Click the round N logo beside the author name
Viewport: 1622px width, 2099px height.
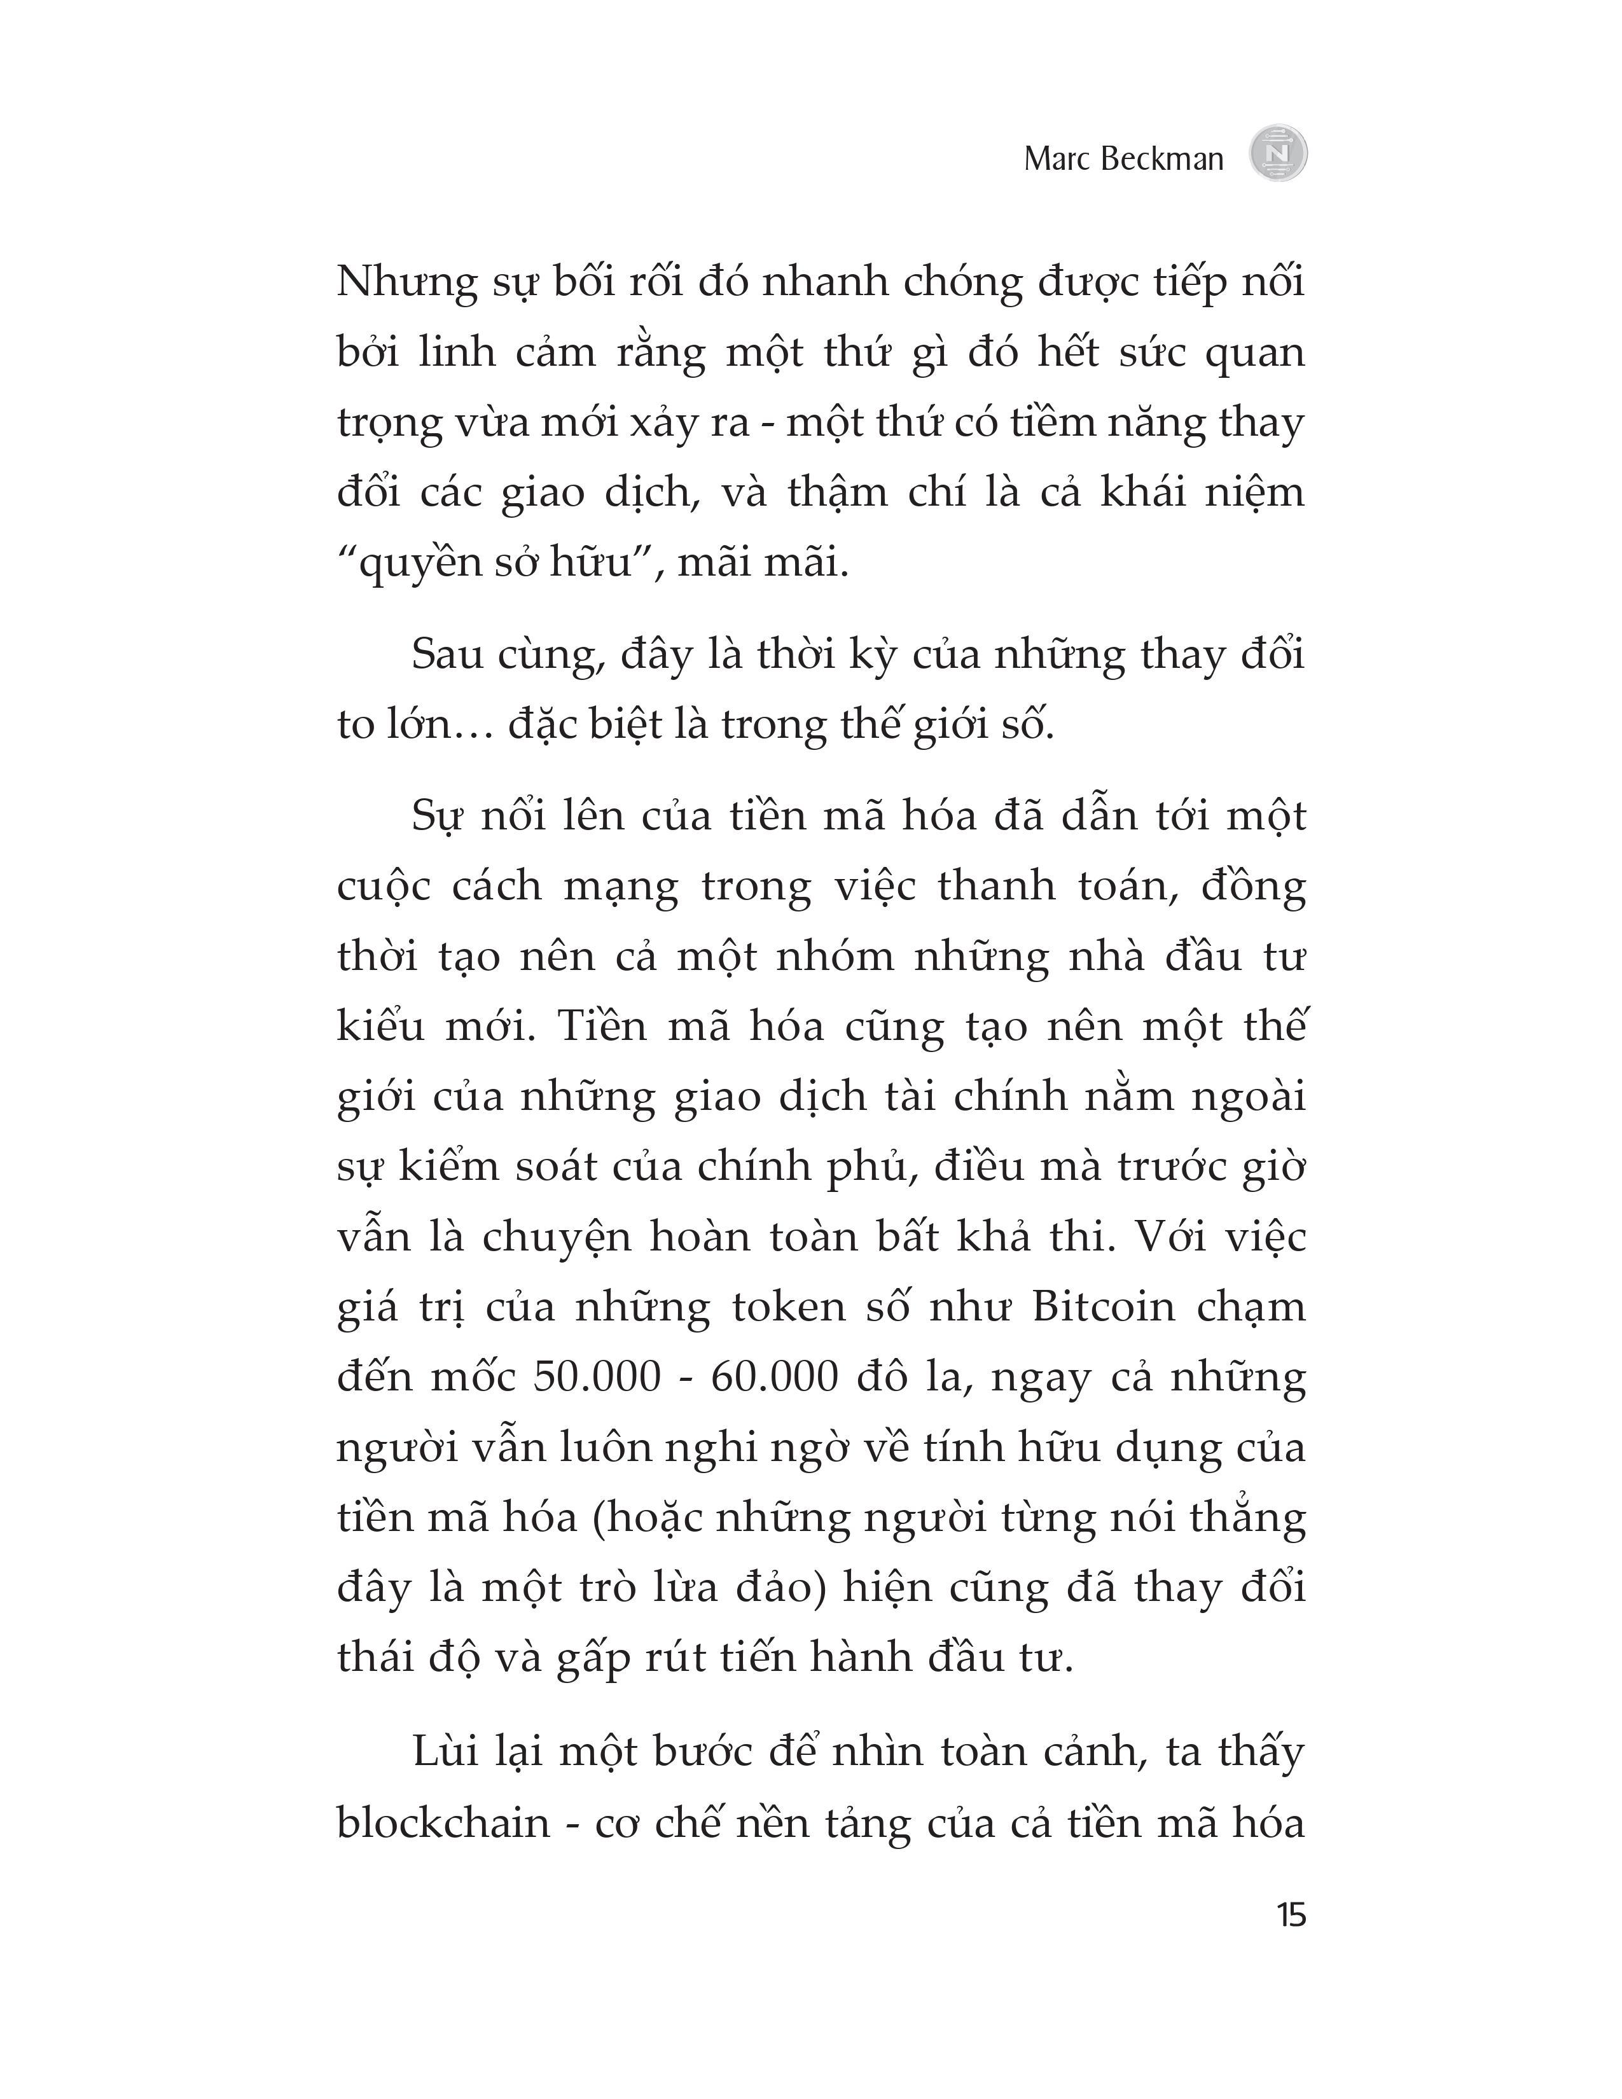coord(1278,154)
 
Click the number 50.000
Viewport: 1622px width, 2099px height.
coord(597,1377)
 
